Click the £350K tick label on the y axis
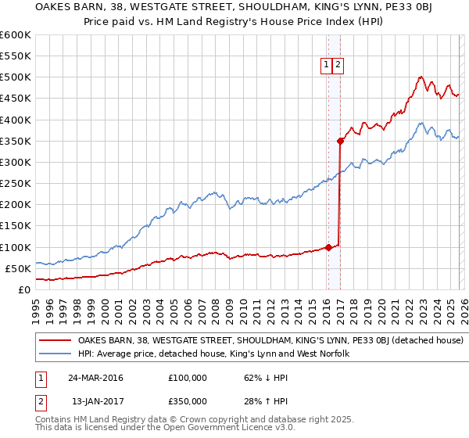pos(16,142)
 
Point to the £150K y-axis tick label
pos(16,226)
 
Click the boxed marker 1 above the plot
pos(325,66)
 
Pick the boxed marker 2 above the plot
pos(338,66)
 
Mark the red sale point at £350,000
pos(340,142)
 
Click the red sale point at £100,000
pos(328,247)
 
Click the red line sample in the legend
pos(56,341)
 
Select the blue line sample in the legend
pos(56,354)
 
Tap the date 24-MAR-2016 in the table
pos(95,377)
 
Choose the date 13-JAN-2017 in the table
pos(95,400)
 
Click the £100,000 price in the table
pos(187,377)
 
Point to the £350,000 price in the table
pos(187,400)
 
